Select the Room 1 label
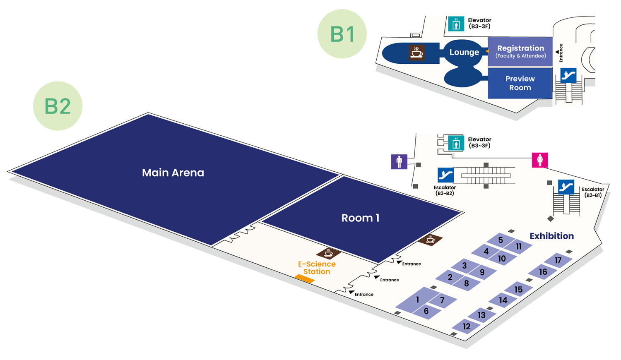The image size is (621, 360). click(360, 218)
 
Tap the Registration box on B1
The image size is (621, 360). click(520, 52)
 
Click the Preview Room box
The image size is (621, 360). click(520, 83)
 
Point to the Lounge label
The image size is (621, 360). click(464, 53)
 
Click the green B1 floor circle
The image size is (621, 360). click(342, 34)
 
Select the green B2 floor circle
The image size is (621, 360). click(58, 106)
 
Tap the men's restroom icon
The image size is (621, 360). click(399, 162)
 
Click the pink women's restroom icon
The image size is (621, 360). click(540, 160)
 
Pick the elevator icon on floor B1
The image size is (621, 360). click(456, 24)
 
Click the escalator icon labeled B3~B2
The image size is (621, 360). click(445, 175)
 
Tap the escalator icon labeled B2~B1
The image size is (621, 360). click(566, 187)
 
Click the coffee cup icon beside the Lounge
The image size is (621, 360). click(416, 53)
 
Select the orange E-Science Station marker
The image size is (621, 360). click(304, 279)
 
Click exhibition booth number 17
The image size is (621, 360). click(558, 260)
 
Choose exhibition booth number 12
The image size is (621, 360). click(467, 326)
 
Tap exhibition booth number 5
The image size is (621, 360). click(500, 240)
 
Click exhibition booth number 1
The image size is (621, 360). click(417, 300)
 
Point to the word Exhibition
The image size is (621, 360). click(551, 236)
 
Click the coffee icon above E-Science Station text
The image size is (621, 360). click(328, 253)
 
